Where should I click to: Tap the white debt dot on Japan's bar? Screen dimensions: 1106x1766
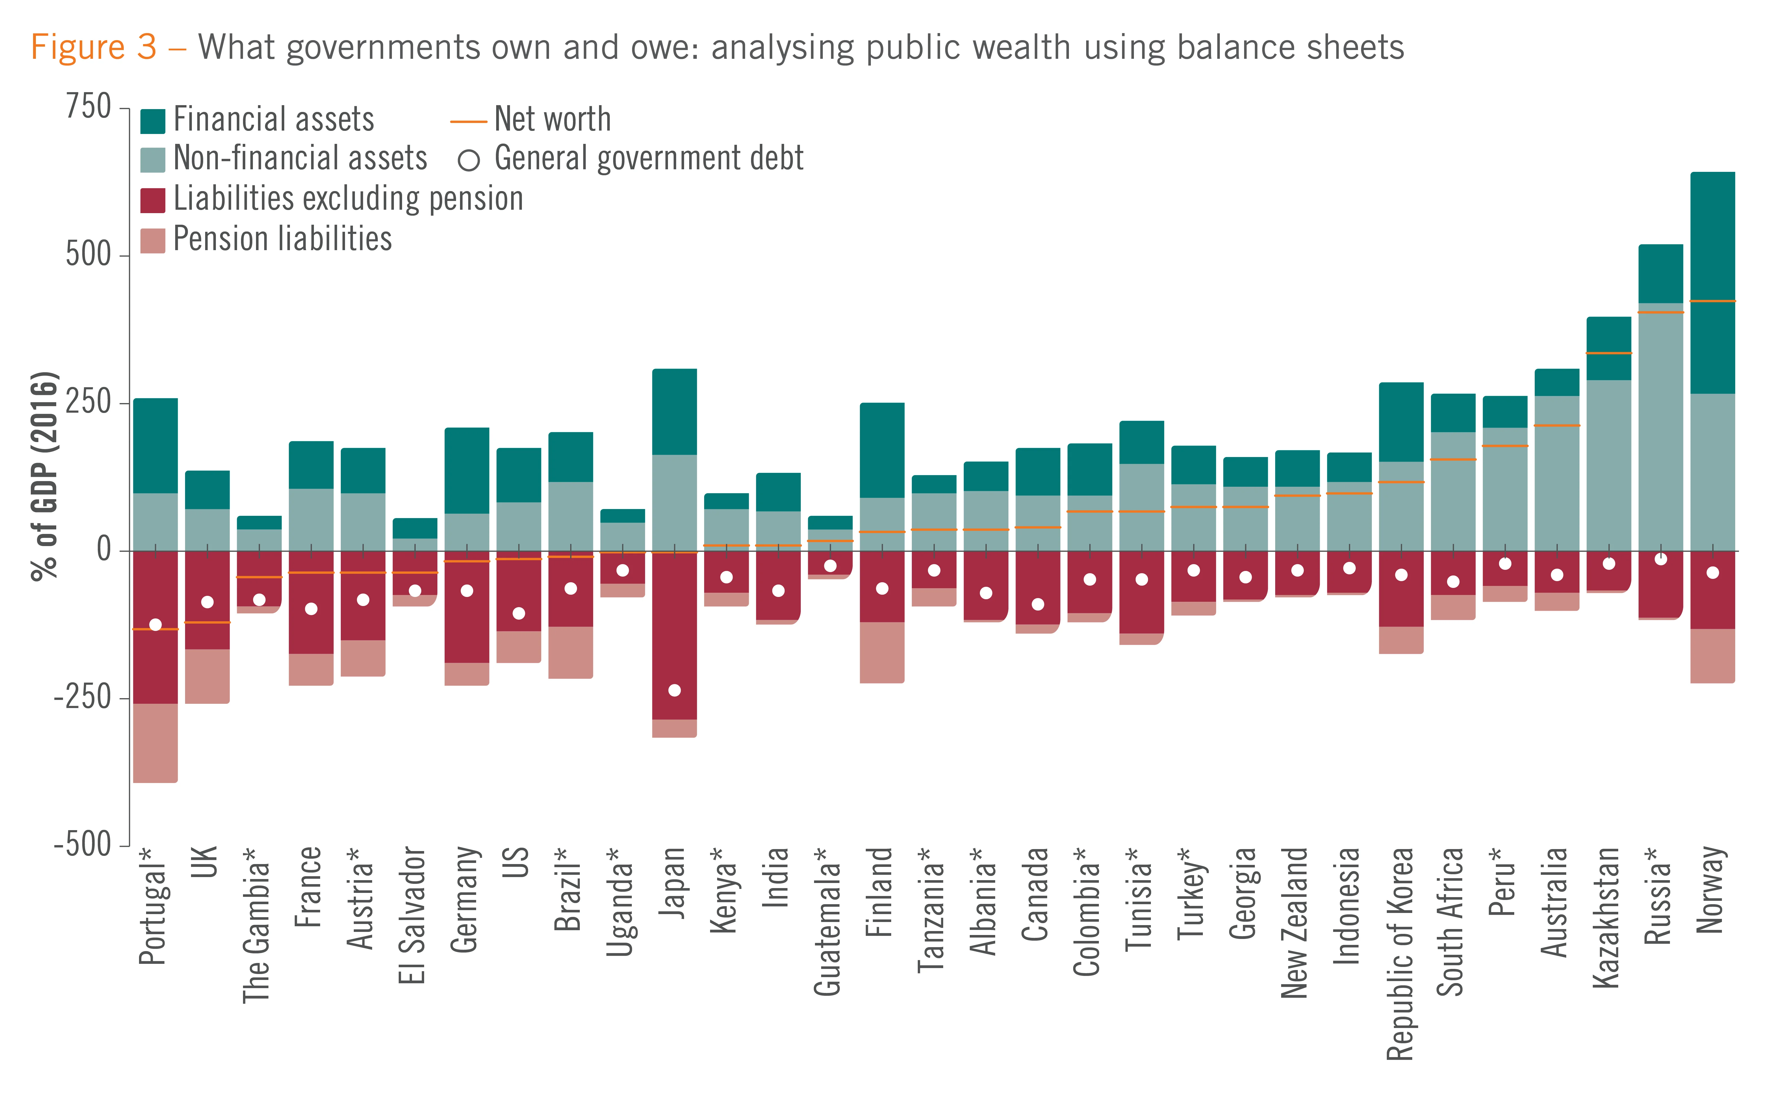(x=674, y=691)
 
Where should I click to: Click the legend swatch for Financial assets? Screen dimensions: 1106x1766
(x=153, y=121)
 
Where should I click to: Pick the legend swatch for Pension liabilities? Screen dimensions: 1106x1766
(x=153, y=241)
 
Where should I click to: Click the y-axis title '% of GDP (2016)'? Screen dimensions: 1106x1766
(x=44, y=475)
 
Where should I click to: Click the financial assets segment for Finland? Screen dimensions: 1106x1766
(x=882, y=450)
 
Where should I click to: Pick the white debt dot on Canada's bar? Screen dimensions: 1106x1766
(x=1038, y=604)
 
